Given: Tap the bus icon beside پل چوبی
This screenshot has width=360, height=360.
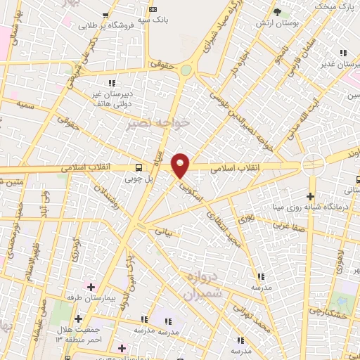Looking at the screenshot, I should [x=139, y=167].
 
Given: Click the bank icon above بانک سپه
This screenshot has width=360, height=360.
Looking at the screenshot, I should [x=154, y=8].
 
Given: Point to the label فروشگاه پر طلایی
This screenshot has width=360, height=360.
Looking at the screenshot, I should [x=105, y=25].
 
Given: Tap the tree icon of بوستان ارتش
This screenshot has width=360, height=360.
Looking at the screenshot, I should [x=276, y=12].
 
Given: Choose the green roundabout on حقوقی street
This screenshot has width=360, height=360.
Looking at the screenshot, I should [x=186, y=70].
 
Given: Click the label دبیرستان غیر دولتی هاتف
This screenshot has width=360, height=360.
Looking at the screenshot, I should [x=111, y=98].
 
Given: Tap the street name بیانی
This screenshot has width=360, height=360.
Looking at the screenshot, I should [x=163, y=230].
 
